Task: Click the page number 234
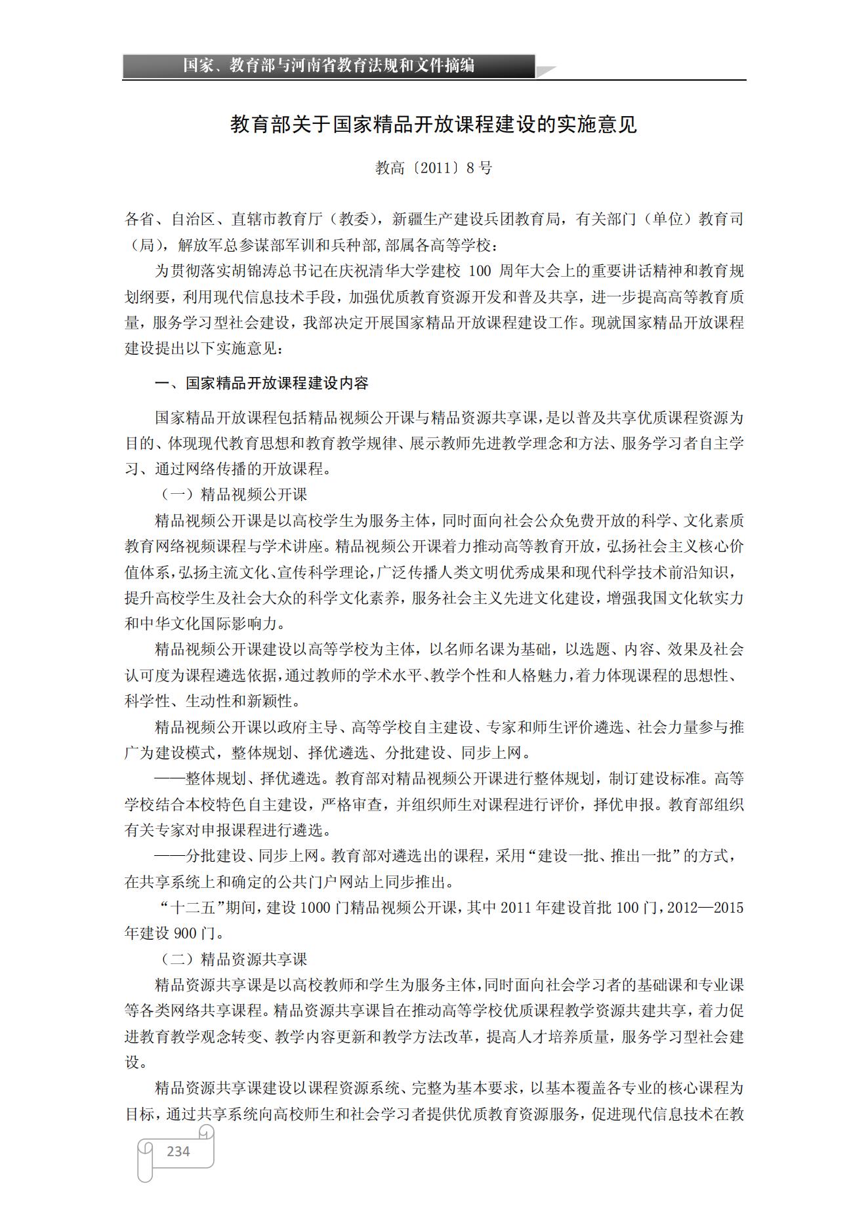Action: pyautogui.click(x=178, y=1151)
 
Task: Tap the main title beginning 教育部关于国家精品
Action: pyautogui.click(x=434, y=124)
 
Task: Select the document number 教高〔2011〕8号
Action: pyautogui.click(x=434, y=168)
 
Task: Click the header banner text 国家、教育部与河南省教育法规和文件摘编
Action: pyautogui.click(x=329, y=66)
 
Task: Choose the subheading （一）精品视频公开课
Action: pyautogui.click(x=234, y=494)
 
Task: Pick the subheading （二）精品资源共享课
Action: pyautogui.click(x=234, y=959)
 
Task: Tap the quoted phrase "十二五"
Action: pyautogui.click(x=190, y=908)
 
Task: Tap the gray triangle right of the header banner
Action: pyautogui.click(x=546, y=71)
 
